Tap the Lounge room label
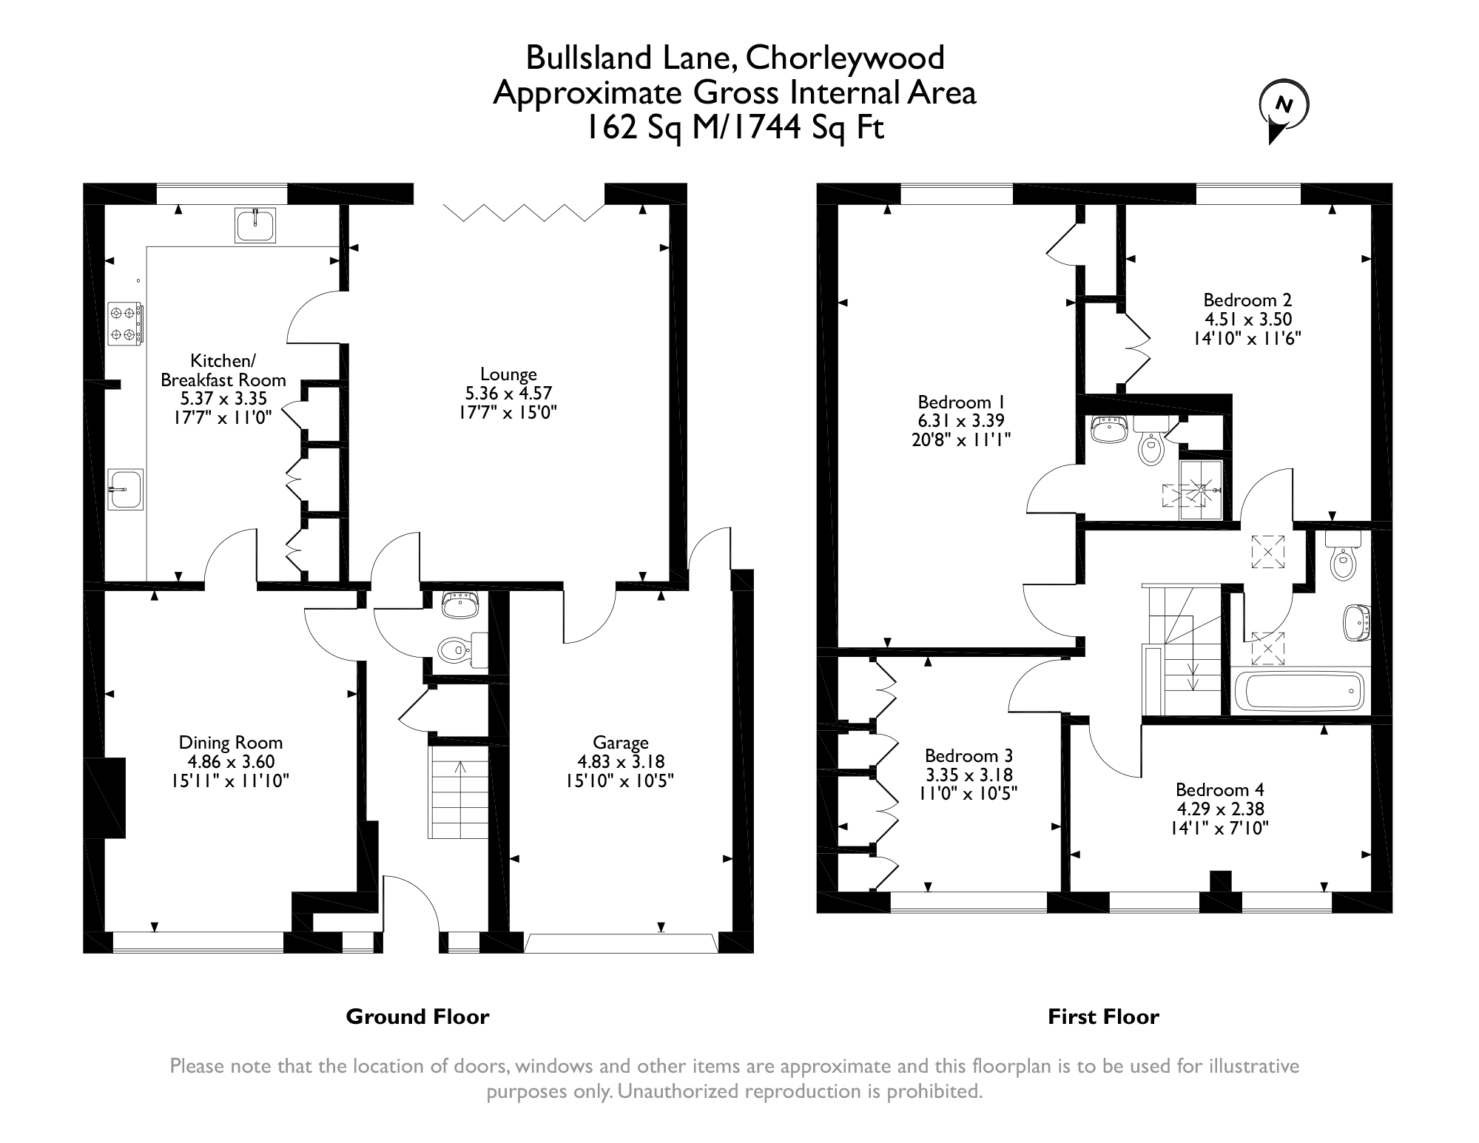tap(508, 374)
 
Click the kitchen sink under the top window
tap(256, 225)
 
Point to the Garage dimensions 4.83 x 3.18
tap(621, 761)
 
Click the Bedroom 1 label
tap(961, 402)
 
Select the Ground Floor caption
tap(417, 1017)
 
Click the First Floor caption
tap(1103, 1017)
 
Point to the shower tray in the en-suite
tap(1202, 490)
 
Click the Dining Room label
tap(231, 743)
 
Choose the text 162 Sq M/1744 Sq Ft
tap(735, 128)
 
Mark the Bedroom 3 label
tap(968, 756)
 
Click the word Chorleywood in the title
tap(845, 58)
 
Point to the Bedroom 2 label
tap(1247, 300)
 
